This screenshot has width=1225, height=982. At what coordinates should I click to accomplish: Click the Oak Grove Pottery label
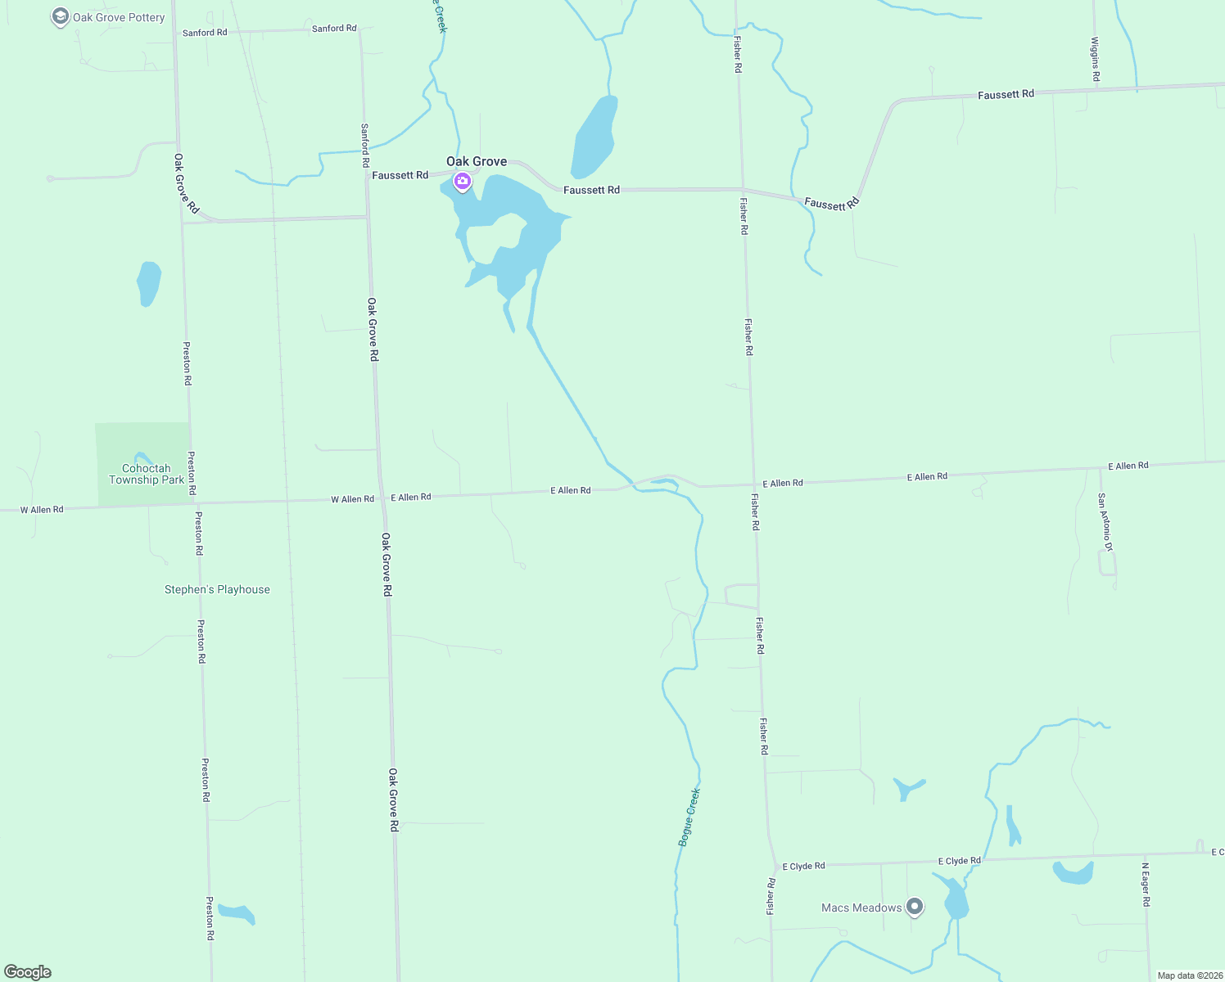click(119, 17)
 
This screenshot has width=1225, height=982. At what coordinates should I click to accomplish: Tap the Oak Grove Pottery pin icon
click(60, 17)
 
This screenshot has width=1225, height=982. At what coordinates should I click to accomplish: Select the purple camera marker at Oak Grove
click(462, 182)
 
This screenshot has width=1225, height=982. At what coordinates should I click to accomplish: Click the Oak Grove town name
click(477, 161)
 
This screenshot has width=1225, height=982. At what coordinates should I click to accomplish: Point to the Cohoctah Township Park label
click(147, 474)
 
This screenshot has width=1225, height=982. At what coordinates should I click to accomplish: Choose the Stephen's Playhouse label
click(217, 589)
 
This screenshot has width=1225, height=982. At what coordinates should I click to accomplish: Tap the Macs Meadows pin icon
click(915, 907)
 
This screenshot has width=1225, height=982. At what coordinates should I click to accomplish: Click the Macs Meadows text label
click(861, 908)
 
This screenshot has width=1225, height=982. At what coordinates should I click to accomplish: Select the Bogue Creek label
click(689, 817)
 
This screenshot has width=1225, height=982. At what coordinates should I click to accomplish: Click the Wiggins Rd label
click(1095, 59)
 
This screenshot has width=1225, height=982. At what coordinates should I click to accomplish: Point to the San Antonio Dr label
click(1105, 522)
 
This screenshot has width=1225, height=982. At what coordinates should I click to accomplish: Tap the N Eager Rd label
click(1146, 885)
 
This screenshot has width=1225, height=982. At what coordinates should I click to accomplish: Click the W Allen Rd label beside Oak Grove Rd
click(352, 499)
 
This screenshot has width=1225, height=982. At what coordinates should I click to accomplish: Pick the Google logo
click(28, 972)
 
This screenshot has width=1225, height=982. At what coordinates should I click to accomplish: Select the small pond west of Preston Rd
click(148, 283)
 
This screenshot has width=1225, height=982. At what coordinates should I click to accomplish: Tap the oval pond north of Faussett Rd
click(594, 136)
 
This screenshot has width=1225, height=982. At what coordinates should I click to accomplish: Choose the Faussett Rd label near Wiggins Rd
click(1006, 95)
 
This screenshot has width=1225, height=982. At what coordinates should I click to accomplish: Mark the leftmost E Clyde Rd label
click(803, 866)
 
